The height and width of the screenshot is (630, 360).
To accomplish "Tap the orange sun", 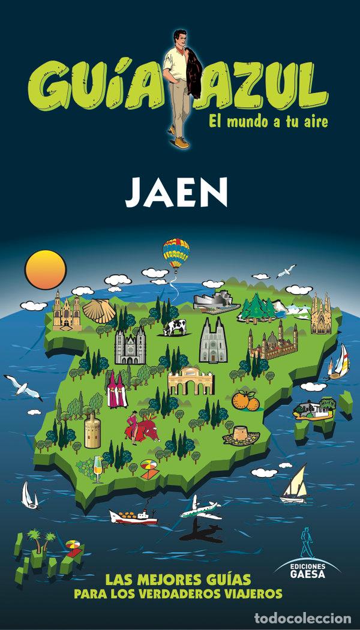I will (x=46, y=269).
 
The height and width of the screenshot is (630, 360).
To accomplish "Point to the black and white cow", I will (x=175, y=327).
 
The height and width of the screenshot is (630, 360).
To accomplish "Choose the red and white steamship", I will (x=133, y=515).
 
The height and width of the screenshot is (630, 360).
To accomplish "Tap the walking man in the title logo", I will (x=178, y=88).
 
